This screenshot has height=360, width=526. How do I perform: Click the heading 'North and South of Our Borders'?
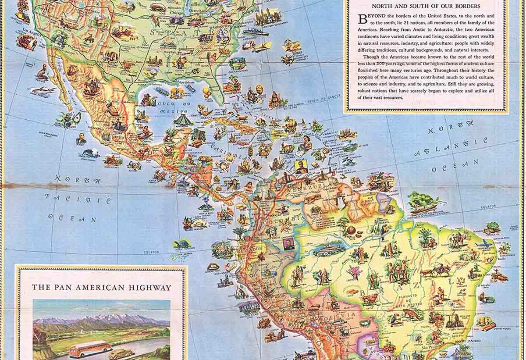[x=426, y=6]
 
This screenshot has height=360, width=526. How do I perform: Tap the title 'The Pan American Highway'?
[x=101, y=288]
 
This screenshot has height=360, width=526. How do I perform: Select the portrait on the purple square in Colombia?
[x=288, y=244]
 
